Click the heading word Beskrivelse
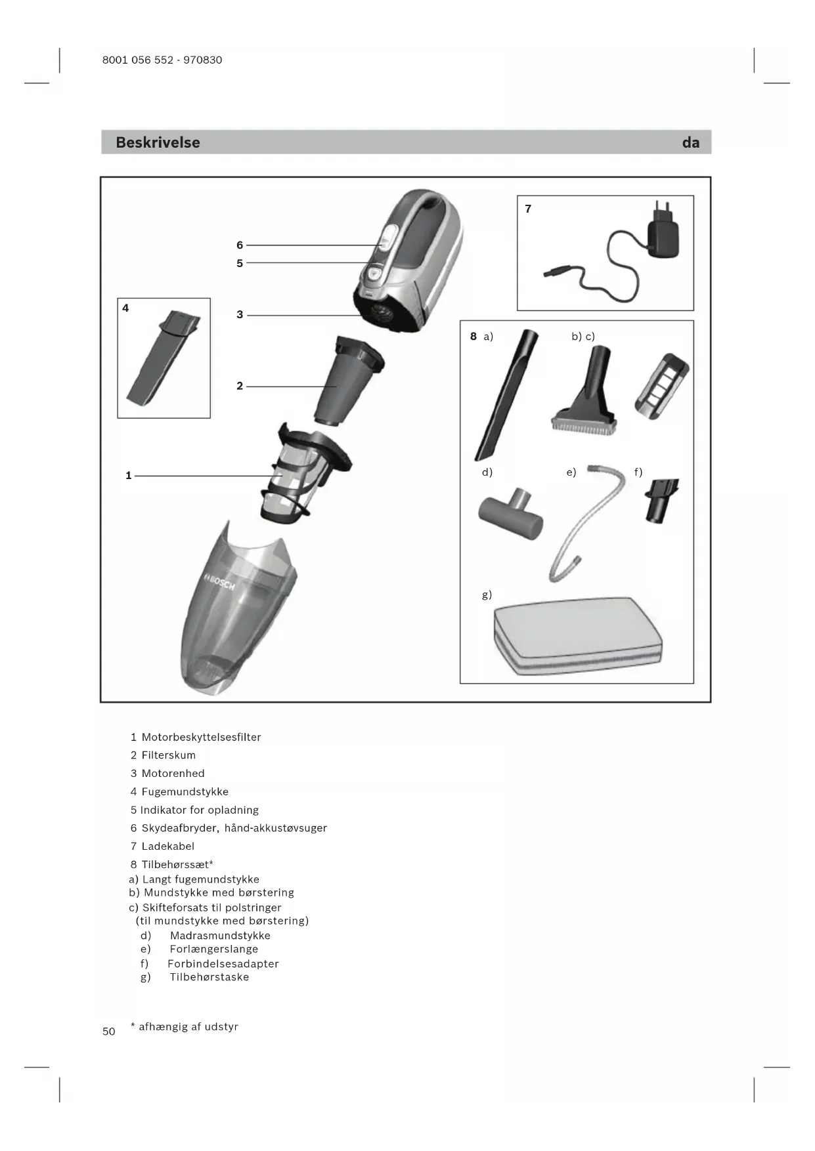click(x=158, y=142)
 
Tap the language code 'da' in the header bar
click(x=690, y=142)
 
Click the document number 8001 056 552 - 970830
click(x=162, y=60)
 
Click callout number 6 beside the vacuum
click(x=240, y=245)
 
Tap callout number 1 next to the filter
click(x=129, y=475)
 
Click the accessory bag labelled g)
click(x=578, y=635)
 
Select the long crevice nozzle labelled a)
click(x=506, y=394)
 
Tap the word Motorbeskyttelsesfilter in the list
click(x=201, y=737)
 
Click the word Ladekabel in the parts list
click(x=168, y=846)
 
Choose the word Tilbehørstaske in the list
click(x=209, y=977)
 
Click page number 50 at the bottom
click(x=109, y=1031)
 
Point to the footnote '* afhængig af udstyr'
click(x=185, y=1026)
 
